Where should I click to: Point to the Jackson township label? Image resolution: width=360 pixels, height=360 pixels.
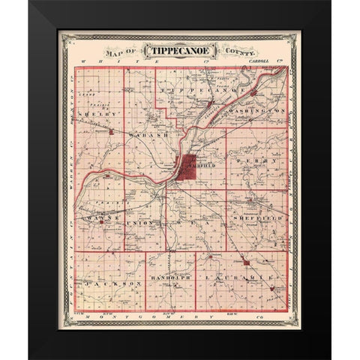[112, 284]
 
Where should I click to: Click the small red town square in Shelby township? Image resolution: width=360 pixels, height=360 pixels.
[111, 132]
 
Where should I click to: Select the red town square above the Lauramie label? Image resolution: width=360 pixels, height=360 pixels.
[245, 262]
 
